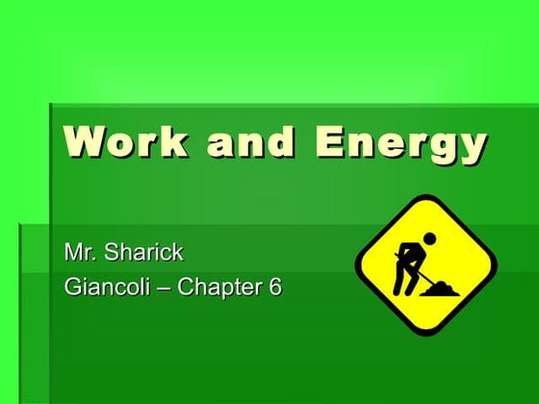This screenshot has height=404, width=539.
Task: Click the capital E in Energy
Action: (331, 142)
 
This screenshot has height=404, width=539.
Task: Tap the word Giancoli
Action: (105, 286)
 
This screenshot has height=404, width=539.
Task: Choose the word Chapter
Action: (218, 286)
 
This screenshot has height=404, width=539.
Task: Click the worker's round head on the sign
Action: (430, 237)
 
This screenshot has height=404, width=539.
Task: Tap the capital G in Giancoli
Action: (72, 286)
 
